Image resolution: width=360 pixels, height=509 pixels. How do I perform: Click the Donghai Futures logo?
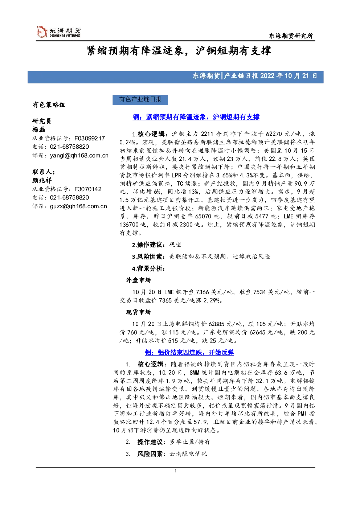58,32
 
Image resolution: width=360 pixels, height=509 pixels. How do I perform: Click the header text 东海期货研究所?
291,36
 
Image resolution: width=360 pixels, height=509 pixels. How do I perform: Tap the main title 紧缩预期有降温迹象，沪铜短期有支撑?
179,51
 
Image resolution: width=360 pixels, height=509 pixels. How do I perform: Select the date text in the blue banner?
289,76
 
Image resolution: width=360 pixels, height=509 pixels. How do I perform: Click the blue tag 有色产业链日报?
140,100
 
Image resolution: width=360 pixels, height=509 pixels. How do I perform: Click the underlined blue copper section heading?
196,117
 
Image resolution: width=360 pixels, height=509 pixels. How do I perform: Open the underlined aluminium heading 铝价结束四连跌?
189,352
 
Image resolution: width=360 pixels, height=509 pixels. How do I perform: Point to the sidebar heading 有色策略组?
49,105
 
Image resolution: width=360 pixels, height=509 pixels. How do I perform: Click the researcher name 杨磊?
39,130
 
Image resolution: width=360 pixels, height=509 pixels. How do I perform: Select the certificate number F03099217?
90,138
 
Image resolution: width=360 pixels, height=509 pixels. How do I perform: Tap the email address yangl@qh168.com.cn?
79,156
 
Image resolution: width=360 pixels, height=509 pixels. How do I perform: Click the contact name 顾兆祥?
42,180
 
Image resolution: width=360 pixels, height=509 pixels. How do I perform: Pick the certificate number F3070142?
88,189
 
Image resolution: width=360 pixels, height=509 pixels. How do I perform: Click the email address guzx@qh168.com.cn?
78,206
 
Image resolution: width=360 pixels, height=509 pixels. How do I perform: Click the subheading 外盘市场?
138,280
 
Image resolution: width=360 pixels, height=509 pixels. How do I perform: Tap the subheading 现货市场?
138,312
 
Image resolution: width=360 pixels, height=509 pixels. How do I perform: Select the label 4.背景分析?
148,269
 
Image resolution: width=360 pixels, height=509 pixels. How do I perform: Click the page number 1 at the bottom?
176,471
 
